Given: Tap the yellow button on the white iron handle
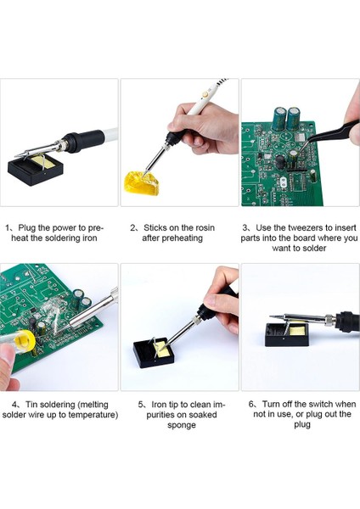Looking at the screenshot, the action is point(205,95).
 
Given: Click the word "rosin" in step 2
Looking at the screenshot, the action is point(205,228).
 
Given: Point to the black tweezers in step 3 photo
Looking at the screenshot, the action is point(328,134).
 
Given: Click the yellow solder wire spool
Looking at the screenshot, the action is point(25,340).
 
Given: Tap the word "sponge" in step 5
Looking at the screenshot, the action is point(182,425).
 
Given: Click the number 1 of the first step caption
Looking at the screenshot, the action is point(7,228).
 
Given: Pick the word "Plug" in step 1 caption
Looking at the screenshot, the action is point(27,228).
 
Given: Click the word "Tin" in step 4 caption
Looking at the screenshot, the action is point(31,405).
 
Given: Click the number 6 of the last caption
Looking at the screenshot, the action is point(251,404).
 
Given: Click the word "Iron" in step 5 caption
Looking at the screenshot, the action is point(160,405).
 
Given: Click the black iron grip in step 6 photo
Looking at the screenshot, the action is point(348,322).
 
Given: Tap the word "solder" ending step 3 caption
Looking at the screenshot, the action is point(314,249).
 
